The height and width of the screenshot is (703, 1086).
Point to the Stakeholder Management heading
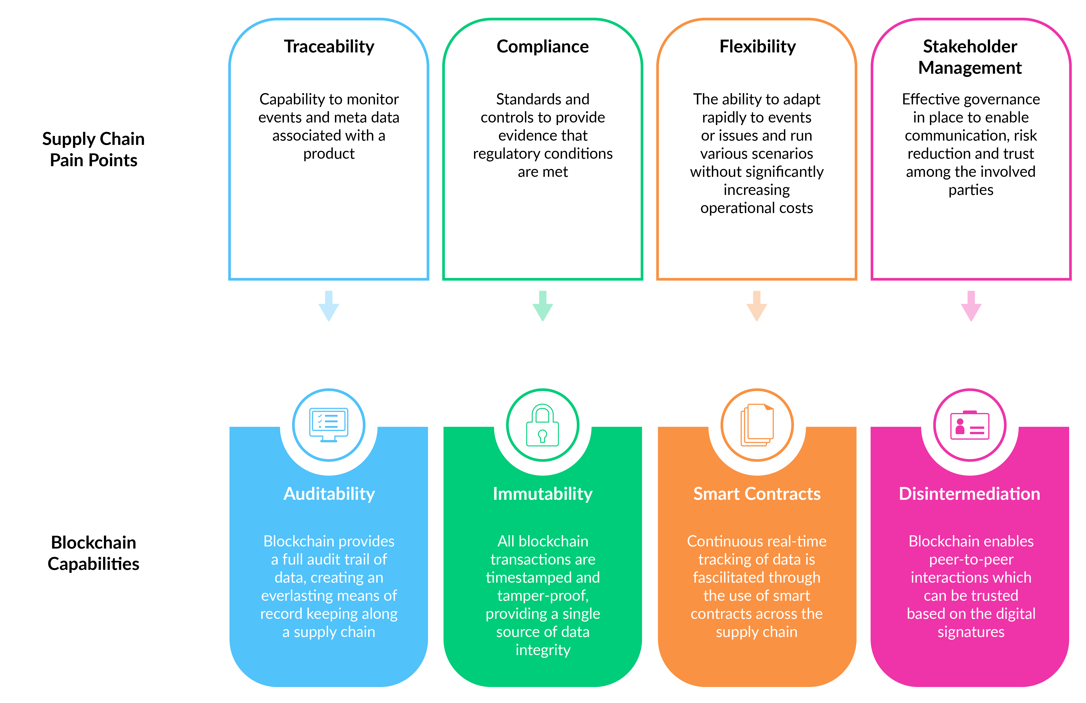point(970,57)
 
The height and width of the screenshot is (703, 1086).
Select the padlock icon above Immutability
point(543,425)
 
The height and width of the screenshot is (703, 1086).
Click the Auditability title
point(329,494)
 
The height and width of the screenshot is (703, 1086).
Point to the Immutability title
point(543,494)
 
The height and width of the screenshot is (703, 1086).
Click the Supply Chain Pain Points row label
point(93,149)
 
